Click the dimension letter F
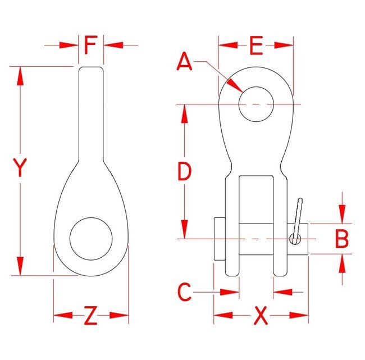pyautogui.click(x=91, y=45)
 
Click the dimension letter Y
pyautogui.click(x=20, y=168)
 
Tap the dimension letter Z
pyautogui.click(x=91, y=317)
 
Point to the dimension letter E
pyautogui.click(x=256, y=46)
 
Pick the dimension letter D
pyautogui.click(x=184, y=172)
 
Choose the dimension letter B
pyautogui.click(x=341, y=239)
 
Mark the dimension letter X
pyautogui.click(x=261, y=317)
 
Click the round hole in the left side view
pyautogui.click(x=91, y=239)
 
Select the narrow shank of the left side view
pyautogui.click(x=91, y=112)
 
